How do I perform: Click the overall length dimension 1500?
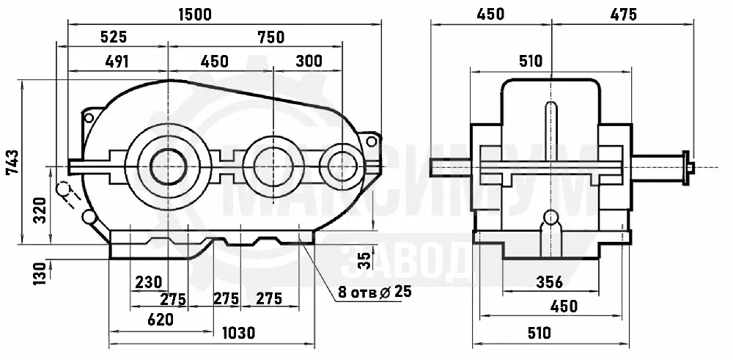195,15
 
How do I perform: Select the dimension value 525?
114,37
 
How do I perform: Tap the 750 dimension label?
271,37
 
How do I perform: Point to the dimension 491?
117,62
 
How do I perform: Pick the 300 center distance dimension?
309,61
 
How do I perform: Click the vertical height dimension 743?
12,162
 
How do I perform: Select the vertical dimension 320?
40,210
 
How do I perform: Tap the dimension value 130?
40,273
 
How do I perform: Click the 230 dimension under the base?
149,282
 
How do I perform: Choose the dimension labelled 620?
161,320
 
